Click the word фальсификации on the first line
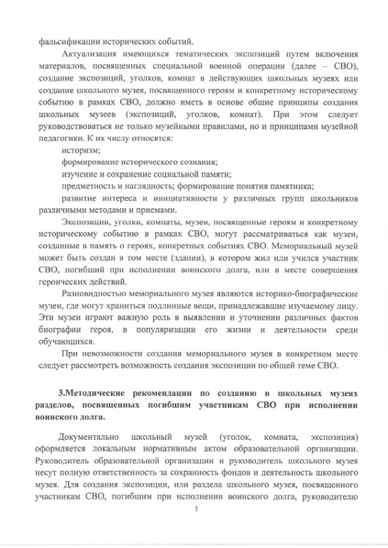coord(71,42)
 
